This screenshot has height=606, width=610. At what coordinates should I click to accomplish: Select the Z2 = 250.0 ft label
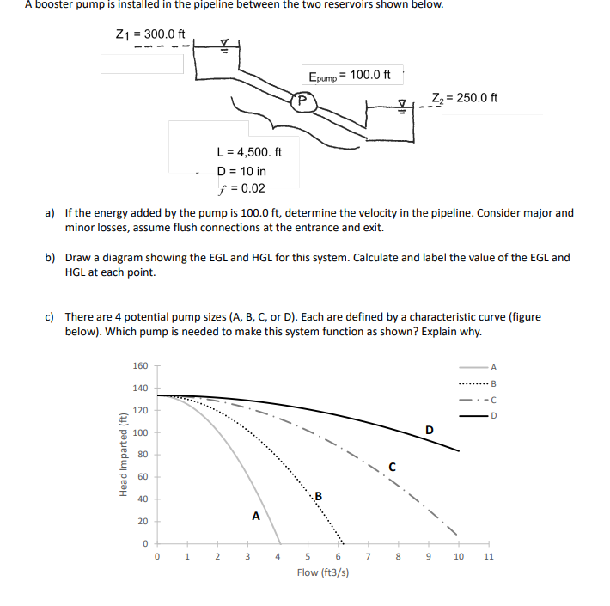465,96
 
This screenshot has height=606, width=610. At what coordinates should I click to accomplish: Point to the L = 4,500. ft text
248,152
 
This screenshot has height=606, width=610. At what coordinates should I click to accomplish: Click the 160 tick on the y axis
141,365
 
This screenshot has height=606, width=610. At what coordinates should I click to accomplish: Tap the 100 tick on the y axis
141,432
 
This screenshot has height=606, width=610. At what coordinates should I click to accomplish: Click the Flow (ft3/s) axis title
322,572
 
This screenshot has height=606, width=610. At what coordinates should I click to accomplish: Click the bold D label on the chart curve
430,429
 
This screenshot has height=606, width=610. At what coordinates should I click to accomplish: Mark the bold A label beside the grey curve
255,517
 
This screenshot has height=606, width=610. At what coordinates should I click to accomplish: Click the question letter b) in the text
50,257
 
